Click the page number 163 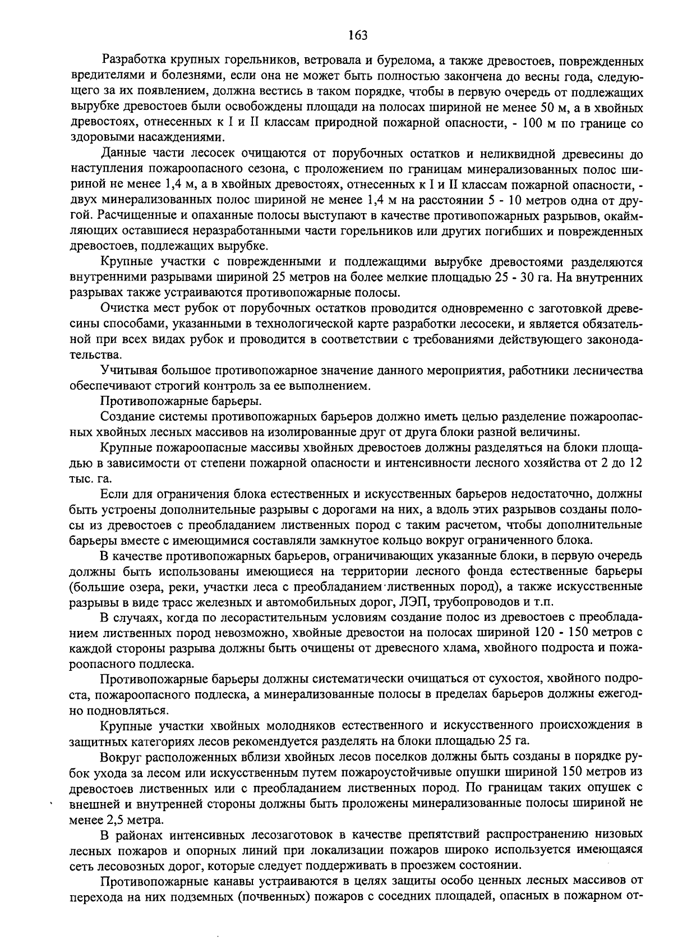(x=357, y=35)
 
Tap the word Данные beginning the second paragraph (x=122, y=153)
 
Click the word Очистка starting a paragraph (x=121, y=308)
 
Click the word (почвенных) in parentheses (x=273, y=896)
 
